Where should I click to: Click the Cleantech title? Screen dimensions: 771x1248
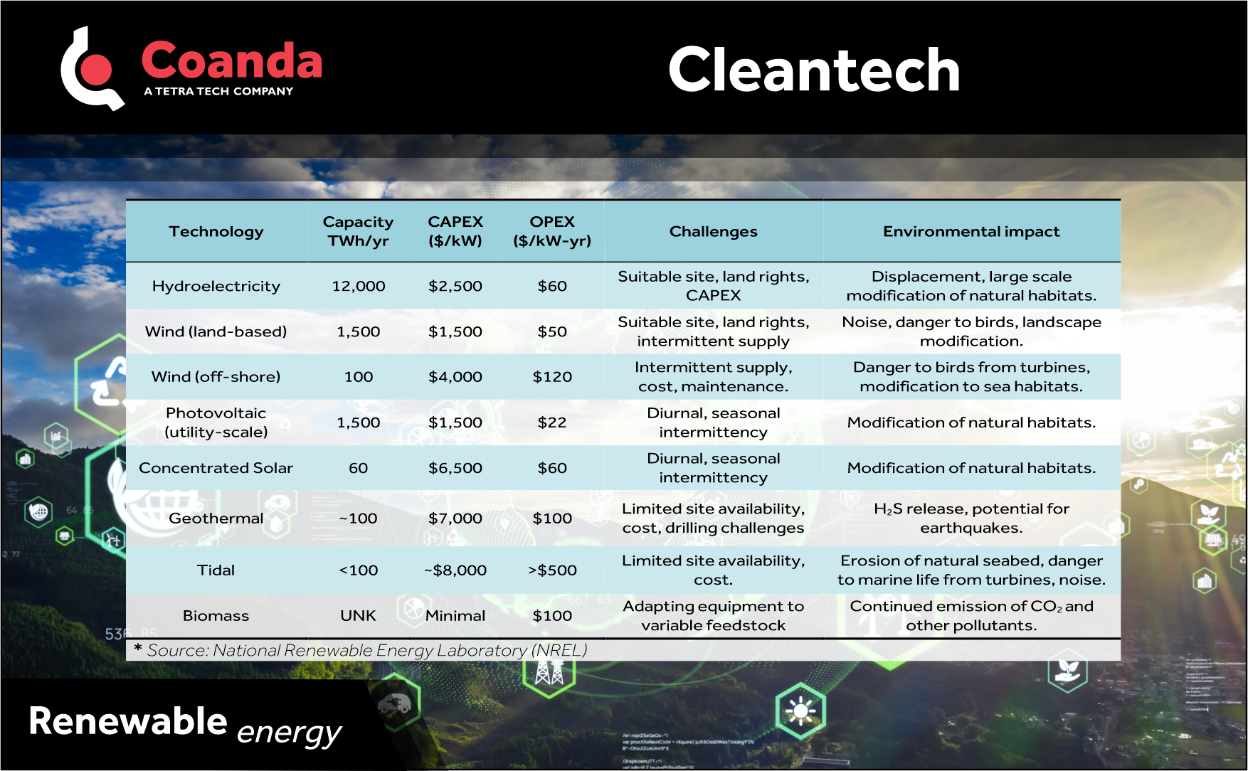click(814, 70)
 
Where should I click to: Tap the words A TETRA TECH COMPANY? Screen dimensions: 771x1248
click(218, 91)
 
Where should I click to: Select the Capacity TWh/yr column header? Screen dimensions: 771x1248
click(358, 231)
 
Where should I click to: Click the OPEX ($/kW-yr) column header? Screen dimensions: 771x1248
click(551, 231)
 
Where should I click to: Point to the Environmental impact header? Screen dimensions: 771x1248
click(971, 231)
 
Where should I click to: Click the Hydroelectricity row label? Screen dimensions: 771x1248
click(216, 286)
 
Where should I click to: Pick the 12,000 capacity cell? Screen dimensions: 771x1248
click(358, 286)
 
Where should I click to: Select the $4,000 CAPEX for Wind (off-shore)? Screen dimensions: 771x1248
click(455, 377)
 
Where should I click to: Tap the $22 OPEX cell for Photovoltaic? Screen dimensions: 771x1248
click(551, 422)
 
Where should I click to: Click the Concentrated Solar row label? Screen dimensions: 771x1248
click(216, 468)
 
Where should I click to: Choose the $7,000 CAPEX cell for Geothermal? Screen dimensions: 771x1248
click(455, 519)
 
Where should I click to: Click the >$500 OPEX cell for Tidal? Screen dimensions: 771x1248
click(551, 570)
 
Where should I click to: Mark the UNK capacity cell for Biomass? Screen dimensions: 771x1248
click(358, 616)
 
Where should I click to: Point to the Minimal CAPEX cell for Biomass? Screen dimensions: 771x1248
click(455, 616)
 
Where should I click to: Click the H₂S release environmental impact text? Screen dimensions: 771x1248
click(971, 519)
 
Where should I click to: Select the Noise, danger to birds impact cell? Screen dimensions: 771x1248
click(971, 331)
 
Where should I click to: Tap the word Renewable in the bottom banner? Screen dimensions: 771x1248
click(128, 721)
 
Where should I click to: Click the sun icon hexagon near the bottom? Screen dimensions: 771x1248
click(800, 711)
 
